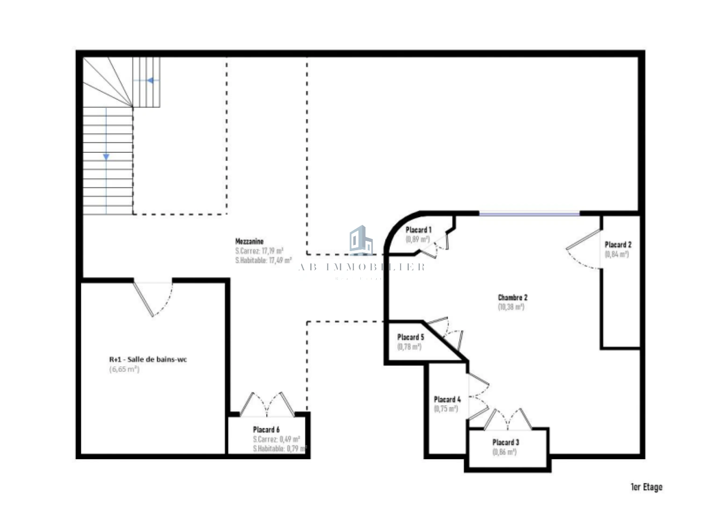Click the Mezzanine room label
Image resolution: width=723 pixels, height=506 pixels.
(x=249, y=241)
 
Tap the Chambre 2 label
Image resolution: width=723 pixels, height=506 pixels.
(x=512, y=298)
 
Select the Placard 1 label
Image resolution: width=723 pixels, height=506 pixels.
(x=418, y=230)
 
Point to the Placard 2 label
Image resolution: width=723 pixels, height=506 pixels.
(x=618, y=245)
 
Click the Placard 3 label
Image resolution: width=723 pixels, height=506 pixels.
(x=505, y=442)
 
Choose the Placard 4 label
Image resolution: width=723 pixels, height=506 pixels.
(x=447, y=400)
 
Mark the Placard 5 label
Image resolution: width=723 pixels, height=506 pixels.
(x=410, y=337)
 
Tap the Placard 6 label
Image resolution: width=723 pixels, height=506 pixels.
(x=266, y=430)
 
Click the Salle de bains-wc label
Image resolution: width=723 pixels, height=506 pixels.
(x=148, y=360)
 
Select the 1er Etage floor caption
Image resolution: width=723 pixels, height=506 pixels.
(x=646, y=487)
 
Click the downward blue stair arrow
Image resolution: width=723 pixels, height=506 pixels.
(x=106, y=156)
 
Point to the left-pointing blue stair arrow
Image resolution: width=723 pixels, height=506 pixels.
(x=151, y=81)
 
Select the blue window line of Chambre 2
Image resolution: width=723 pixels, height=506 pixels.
(x=529, y=214)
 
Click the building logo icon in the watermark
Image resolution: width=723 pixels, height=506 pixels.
(x=361, y=240)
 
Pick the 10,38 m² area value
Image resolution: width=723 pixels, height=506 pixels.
(x=511, y=307)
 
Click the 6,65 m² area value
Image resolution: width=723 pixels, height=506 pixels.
(x=124, y=369)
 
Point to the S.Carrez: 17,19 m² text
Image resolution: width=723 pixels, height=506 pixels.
(x=259, y=251)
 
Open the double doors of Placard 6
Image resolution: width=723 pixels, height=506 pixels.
(x=267, y=404)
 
